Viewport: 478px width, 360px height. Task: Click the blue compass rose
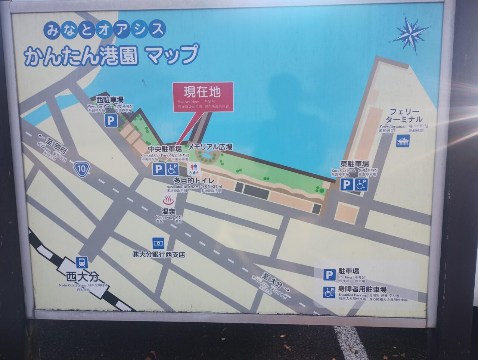coord(410,34)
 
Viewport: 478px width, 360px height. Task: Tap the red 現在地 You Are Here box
coord(203,97)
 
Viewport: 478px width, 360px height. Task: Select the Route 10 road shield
coord(81,169)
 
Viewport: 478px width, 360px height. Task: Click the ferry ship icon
coord(403,141)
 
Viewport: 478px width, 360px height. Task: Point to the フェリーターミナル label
coord(404,115)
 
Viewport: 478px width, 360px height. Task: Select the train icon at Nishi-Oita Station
coord(82,263)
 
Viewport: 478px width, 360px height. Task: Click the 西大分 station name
coord(83,277)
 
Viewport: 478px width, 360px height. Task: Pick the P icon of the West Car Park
coord(111,120)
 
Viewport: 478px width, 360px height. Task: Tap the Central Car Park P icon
coord(159,170)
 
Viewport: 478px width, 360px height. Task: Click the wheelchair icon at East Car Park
coord(361,184)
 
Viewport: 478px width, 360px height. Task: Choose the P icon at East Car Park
coord(347,184)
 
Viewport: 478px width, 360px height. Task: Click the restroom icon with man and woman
coord(194,169)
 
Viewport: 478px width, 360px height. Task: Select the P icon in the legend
coord(329,275)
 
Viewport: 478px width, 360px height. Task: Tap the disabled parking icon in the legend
coord(329,292)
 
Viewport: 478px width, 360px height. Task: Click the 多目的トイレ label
coord(194,181)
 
